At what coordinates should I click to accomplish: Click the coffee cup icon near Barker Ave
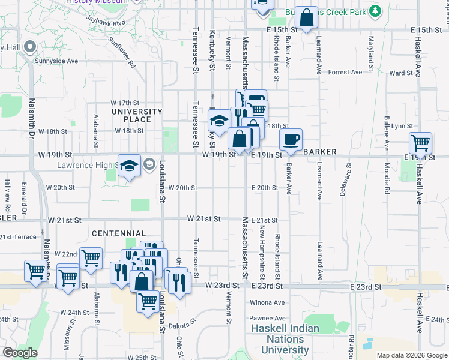tap(291, 140)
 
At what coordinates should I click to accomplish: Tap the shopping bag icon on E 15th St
tap(306, 18)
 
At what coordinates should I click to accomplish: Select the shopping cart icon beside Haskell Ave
tap(420, 144)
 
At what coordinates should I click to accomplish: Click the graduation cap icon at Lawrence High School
tap(129, 166)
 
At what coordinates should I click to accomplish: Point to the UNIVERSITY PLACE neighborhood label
tap(137, 115)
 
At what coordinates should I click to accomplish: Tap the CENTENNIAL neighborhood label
tap(119, 233)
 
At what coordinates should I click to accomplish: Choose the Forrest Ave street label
tap(346, 72)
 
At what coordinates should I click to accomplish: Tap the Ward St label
tap(401, 73)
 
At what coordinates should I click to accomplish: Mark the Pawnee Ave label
tap(268, 318)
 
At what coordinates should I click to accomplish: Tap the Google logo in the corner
tap(20, 353)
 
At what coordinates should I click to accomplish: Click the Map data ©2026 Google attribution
tap(412, 355)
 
